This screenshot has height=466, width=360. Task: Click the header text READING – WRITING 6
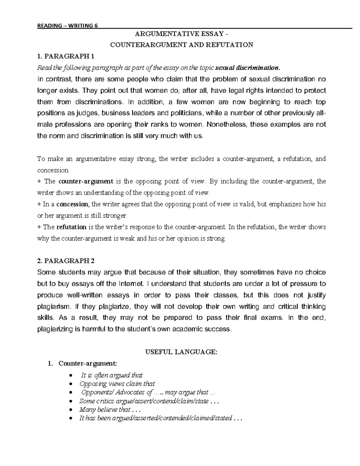[67, 26]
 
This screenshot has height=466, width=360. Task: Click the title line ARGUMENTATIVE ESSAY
[181, 34]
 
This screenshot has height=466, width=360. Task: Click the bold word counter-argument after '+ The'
[86, 182]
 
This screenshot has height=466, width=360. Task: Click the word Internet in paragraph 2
[131, 284]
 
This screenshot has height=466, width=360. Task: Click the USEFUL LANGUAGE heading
[181, 353]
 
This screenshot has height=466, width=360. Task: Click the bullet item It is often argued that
[112, 375]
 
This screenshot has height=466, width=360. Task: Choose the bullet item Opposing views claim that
[117, 384]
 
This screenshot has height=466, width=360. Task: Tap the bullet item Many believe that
[105, 410]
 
